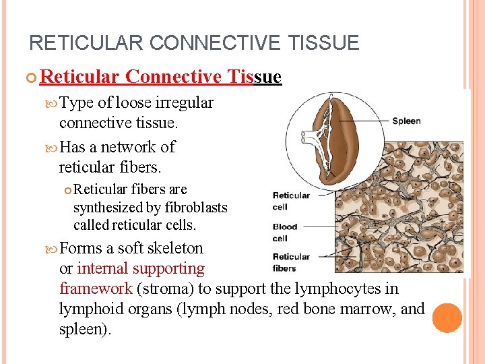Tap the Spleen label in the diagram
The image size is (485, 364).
click(x=406, y=121)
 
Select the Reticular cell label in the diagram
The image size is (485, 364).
click(x=290, y=201)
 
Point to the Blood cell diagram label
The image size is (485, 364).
click(x=284, y=233)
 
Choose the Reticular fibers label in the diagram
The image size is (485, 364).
click(x=290, y=262)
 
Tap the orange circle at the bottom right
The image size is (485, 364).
click(x=447, y=317)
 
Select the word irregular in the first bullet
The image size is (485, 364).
click(x=183, y=103)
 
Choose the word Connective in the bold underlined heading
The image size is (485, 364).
click(x=173, y=77)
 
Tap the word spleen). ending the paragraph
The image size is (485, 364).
click(x=86, y=329)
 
